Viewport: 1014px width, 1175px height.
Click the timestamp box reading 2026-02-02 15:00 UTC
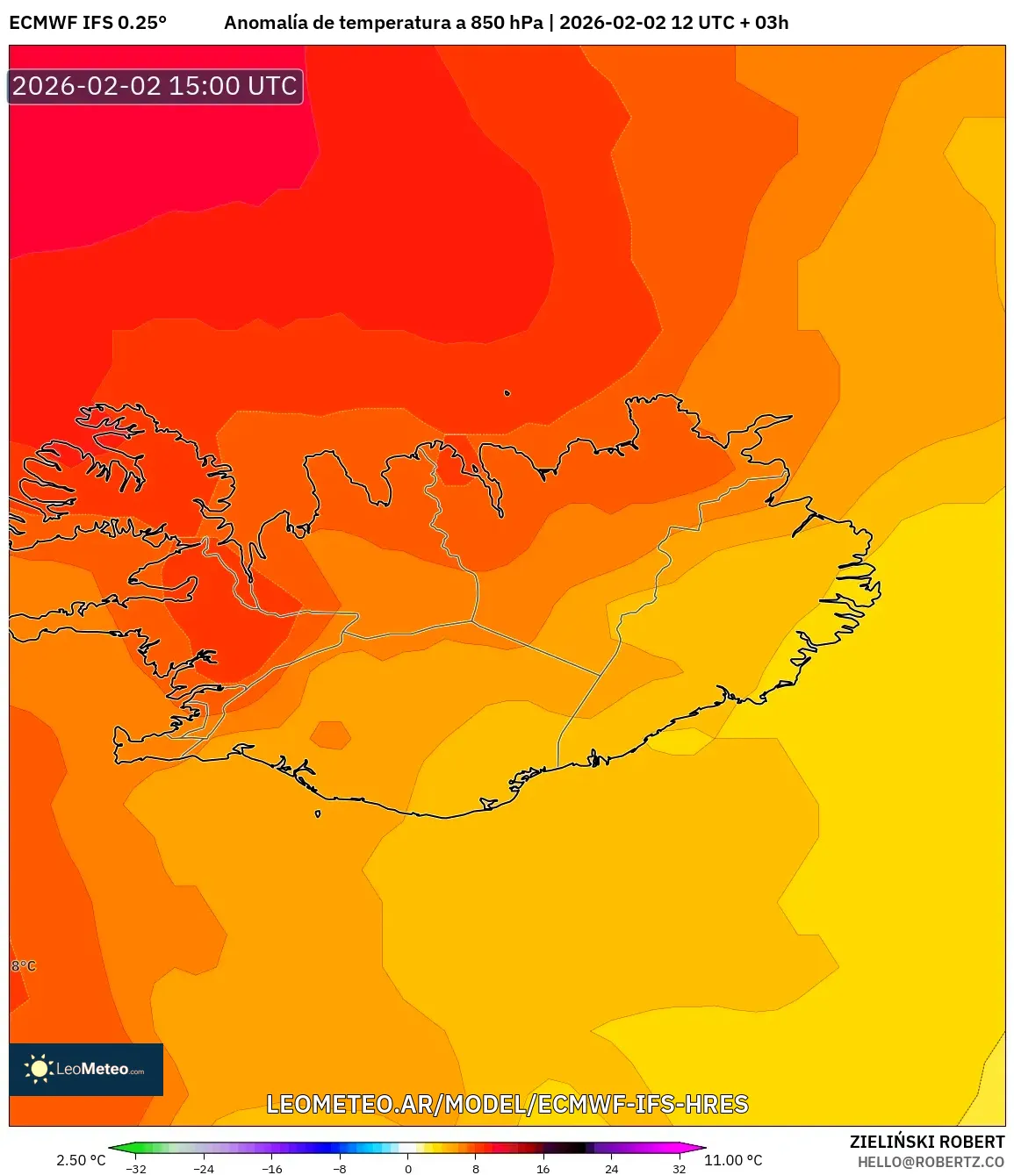point(155,86)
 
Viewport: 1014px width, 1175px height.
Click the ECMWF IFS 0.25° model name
point(88,23)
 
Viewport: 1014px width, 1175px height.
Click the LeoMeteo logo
point(86,1069)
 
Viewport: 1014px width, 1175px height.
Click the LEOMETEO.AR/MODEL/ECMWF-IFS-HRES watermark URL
point(507,1104)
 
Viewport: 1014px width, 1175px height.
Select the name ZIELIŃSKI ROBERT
point(926,1142)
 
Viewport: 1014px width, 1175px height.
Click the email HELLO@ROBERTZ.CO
point(931,1162)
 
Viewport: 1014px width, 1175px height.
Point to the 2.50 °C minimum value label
point(81,1160)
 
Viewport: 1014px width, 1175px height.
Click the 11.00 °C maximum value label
point(733,1160)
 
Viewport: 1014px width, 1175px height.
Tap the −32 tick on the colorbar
point(136,1169)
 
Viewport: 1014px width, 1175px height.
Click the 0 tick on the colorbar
point(407,1169)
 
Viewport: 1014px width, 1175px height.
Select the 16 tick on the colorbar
point(543,1169)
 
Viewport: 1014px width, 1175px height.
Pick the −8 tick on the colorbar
point(340,1169)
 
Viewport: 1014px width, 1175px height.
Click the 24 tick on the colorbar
point(611,1169)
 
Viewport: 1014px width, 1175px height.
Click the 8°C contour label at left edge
point(24,966)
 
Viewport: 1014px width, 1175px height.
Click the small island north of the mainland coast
point(507,393)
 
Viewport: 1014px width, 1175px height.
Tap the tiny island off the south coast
point(318,813)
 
